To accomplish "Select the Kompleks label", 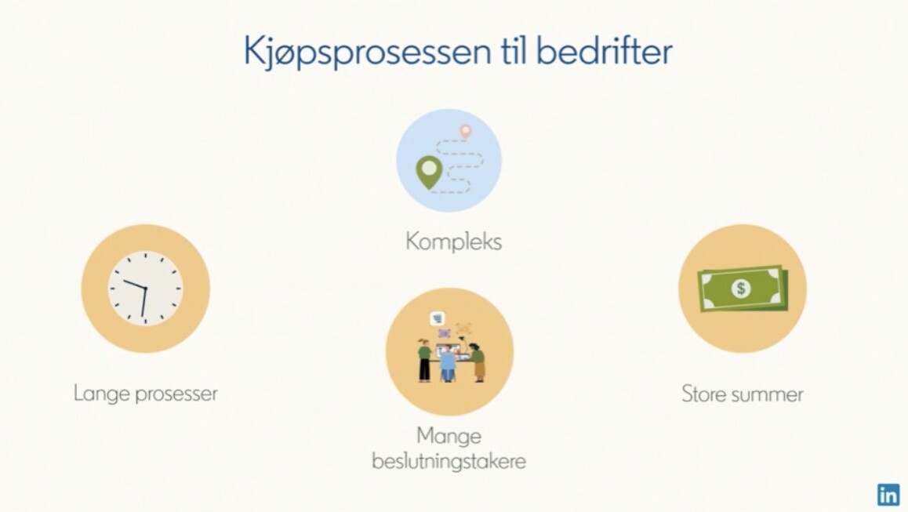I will [453, 241].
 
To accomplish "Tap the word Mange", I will [449, 435].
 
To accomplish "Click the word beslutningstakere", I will [449, 460].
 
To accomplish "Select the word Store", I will [703, 393].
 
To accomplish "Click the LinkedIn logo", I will [888, 495].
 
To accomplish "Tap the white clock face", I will [145, 288].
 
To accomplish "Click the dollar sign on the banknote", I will [741, 289].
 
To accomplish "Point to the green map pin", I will [427, 172].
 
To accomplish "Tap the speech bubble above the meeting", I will [437, 318].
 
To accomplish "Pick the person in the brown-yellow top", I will [478, 363].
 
